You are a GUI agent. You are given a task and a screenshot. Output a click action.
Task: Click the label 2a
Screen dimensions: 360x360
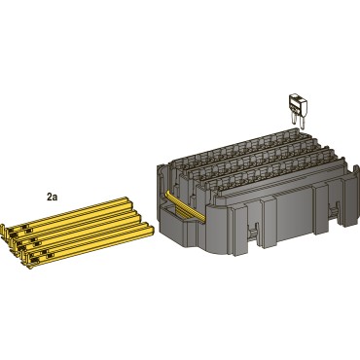pos(53,196)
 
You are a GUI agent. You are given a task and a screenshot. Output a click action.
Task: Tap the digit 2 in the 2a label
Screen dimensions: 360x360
pos(50,196)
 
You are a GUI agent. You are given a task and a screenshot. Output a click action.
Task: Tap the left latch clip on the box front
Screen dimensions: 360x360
pos(252,233)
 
